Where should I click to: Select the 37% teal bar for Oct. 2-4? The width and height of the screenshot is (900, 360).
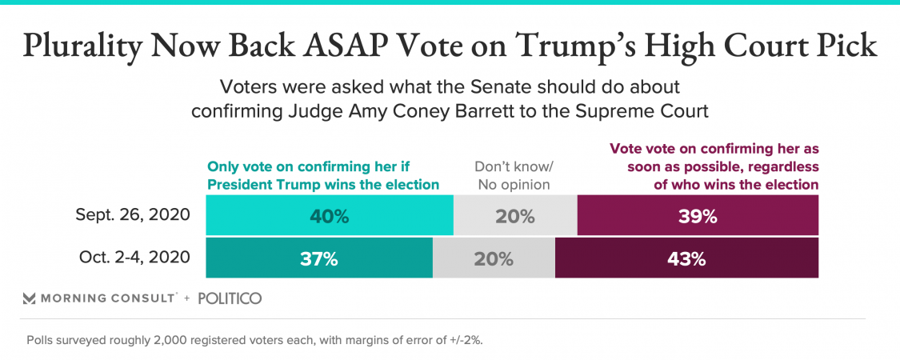point(319,258)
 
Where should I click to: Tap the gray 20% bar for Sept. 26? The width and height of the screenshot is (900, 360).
point(515,215)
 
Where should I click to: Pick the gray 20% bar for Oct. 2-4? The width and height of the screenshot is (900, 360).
point(494,258)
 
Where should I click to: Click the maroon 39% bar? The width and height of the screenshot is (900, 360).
point(698,215)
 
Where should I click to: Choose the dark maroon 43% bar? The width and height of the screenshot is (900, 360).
point(686,258)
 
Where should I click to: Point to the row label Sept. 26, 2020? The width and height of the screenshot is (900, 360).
point(133,215)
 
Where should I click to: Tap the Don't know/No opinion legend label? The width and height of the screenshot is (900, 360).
point(514,176)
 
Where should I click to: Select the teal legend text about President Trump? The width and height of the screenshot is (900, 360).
point(323,176)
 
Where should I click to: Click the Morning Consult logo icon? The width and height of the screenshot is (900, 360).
point(29,298)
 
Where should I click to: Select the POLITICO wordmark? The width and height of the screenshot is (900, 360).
point(229,298)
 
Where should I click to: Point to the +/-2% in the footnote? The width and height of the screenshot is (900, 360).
point(463,339)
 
